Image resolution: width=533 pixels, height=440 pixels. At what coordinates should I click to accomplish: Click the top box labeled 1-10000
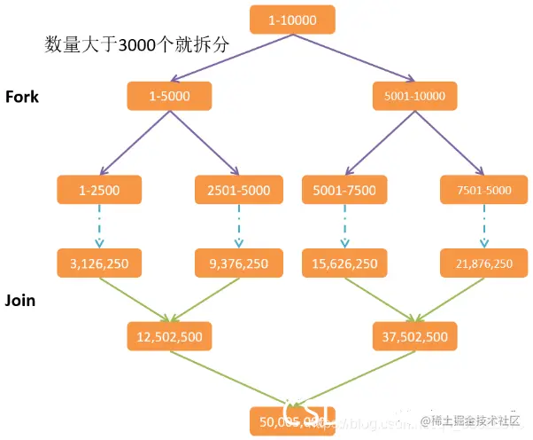pos(292,20)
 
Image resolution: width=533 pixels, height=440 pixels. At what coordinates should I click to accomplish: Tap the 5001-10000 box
pos(415,96)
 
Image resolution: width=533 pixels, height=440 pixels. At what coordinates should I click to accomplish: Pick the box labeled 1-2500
pos(100,189)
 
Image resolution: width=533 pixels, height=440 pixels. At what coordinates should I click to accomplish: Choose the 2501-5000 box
pos(237,189)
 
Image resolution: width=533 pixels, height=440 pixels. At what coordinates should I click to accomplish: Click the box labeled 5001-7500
pos(344,189)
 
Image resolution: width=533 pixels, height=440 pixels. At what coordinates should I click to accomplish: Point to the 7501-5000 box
pos(483,189)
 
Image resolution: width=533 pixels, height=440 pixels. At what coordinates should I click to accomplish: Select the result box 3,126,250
pos(100,263)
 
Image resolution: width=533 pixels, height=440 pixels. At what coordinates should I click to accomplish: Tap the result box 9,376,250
pos(237,263)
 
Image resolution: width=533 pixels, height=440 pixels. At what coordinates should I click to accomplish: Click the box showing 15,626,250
pos(344,263)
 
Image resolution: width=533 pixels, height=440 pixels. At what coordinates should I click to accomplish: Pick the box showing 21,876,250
pos(483,263)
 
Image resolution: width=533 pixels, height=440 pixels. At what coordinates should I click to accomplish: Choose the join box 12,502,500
pos(168,336)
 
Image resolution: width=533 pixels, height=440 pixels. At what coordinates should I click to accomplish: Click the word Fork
pos(22,97)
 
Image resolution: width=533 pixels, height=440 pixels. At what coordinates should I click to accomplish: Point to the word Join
pos(20,300)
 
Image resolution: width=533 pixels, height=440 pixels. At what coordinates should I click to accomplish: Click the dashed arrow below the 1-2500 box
pos(100,226)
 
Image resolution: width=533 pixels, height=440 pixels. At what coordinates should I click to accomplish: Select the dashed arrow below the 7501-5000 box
pos(483,226)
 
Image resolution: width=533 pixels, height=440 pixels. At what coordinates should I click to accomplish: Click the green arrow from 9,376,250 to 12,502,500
pos(205,298)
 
